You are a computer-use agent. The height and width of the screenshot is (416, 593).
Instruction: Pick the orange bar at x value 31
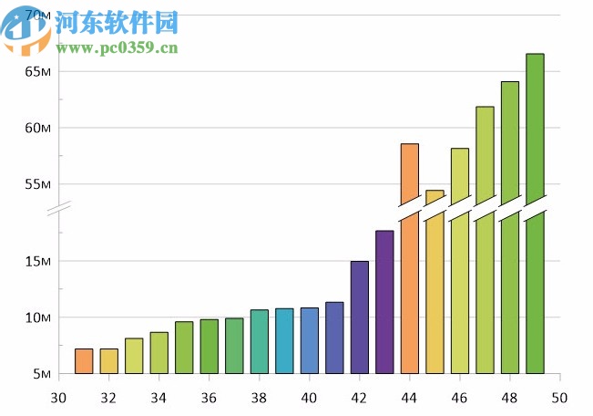84,361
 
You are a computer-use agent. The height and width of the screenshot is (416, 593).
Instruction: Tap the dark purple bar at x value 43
384,302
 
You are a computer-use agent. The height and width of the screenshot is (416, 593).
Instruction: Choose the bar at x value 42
360,317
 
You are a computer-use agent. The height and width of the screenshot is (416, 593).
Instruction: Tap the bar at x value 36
210,347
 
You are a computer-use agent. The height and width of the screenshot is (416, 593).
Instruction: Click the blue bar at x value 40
310,341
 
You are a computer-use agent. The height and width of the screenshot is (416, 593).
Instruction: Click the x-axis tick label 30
58,398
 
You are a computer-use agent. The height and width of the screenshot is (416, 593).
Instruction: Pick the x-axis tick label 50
558,398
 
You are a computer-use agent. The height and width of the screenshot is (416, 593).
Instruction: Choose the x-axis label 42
359,398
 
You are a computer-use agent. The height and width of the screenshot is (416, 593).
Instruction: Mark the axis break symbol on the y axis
59,211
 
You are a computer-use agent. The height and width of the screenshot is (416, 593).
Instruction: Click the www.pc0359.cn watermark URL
116,47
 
